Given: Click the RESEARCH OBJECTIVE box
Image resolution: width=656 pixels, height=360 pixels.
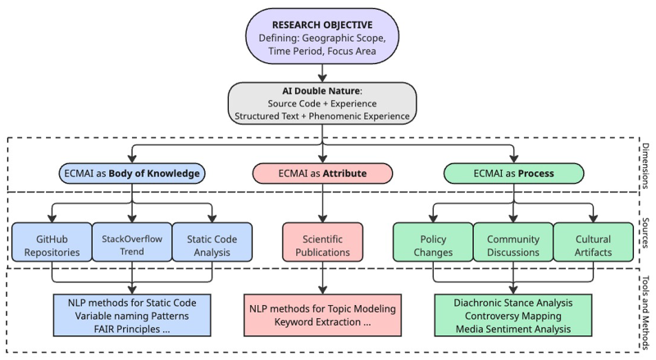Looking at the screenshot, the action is tap(322, 36).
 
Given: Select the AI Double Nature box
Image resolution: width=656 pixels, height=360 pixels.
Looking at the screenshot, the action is tap(322, 103).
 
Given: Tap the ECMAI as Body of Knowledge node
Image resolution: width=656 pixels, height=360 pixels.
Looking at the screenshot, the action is tap(132, 173).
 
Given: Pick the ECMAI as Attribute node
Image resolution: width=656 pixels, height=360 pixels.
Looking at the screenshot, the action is tap(322, 173).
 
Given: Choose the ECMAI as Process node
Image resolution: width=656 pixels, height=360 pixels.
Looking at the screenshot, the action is tap(514, 173).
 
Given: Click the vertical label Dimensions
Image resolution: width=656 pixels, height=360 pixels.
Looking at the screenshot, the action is tap(645, 166).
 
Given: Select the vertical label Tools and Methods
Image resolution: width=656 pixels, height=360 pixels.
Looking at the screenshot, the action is tap(645, 312).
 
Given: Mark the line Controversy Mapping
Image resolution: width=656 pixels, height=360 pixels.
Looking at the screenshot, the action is tap(513, 316).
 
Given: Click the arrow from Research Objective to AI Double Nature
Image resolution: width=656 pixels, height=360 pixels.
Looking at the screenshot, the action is tap(322, 73).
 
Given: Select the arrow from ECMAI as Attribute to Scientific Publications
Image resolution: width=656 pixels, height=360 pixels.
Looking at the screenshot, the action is tap(322, 203).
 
